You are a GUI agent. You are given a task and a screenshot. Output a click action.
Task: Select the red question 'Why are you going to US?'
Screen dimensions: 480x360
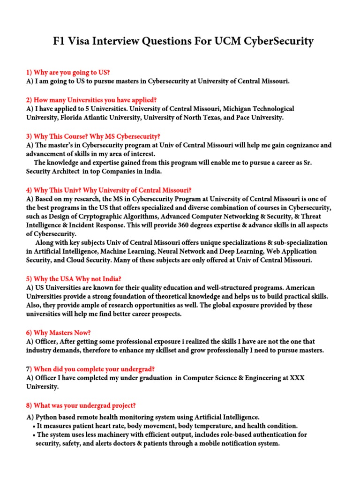(67, 72)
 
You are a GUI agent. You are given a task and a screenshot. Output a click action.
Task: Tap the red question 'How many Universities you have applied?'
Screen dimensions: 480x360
(91, 100)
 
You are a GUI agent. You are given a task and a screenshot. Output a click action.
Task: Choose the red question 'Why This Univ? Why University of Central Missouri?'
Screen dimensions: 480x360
(109, 190)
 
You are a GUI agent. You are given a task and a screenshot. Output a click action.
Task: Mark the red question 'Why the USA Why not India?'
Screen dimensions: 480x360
(74, 279)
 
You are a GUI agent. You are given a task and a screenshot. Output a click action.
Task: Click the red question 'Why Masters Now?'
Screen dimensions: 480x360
(58, 332)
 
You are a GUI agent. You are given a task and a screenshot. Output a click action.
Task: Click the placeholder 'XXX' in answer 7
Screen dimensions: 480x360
(297, 378)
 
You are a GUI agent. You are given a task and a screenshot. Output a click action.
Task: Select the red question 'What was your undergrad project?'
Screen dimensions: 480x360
(81, 405)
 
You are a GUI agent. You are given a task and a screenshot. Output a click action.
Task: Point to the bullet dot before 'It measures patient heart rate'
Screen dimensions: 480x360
(35, 426)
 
